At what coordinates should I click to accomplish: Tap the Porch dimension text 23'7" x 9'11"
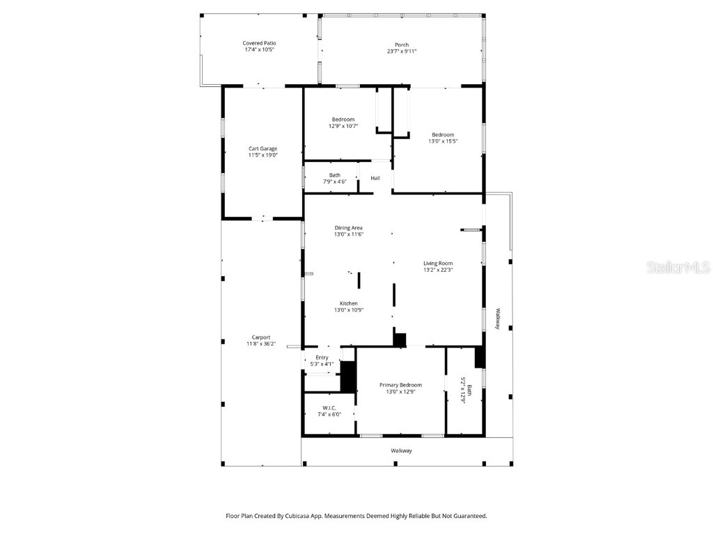(x=402, y=51)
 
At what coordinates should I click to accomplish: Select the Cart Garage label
(x=263, y=149)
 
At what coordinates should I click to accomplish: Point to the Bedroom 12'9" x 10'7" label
(x=343, y=120)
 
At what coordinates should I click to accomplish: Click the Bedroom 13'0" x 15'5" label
(x=443, y=135)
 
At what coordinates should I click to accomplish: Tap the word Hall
(x=375, y=179)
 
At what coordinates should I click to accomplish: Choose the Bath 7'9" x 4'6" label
(x=335, y=175)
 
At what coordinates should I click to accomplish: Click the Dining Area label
(x=349, y=228)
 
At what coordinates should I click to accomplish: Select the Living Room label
(x=438, y=264)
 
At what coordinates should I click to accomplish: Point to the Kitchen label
(x=349, y=304)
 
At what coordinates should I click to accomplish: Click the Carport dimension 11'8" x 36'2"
(x=261, y=343)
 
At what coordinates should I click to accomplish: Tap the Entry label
(x=322, y=357)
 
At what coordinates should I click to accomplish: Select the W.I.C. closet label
(x=329, y=408)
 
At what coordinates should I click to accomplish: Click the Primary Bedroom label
(x=400, y=385)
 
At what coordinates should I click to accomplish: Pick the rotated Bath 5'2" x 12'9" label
(x=466, y=391)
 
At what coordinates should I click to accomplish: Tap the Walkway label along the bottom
(x=401, y=451)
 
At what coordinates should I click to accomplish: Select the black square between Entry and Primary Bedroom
(x=348, y=377)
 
